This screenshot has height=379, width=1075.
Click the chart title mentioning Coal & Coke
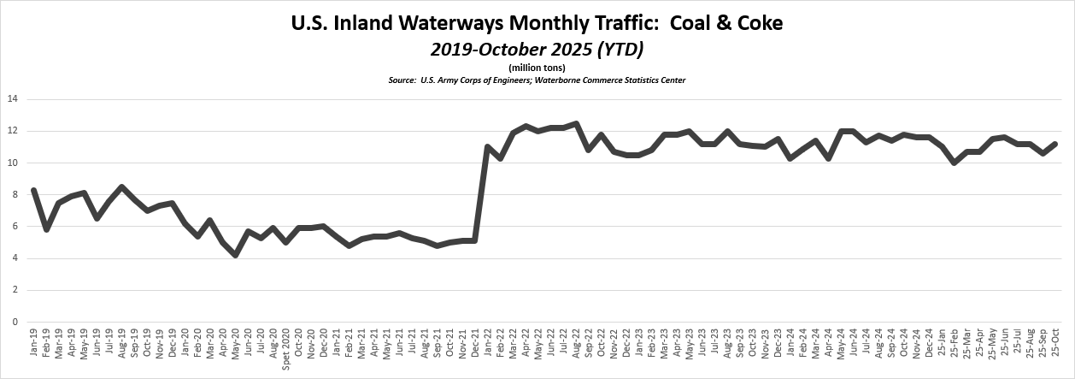[537, 22]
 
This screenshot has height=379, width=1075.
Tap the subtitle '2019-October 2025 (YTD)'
[537, 50]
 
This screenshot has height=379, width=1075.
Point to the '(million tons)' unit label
[537, 68]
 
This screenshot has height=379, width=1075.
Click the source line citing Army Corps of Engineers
[537, 80]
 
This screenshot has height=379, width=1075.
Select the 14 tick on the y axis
[12, 99]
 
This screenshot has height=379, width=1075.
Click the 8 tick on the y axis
[15, 195]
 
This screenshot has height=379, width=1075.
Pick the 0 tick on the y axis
[15, 323]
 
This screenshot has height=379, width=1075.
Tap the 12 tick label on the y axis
[12, 131]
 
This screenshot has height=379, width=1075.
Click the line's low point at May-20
[235, 255]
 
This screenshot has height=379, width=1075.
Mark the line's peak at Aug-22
[576, 124]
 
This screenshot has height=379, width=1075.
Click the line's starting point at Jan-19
[33, 191]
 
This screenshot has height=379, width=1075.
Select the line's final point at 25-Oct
[1056, 144]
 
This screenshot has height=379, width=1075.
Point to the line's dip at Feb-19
[46, 229]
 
